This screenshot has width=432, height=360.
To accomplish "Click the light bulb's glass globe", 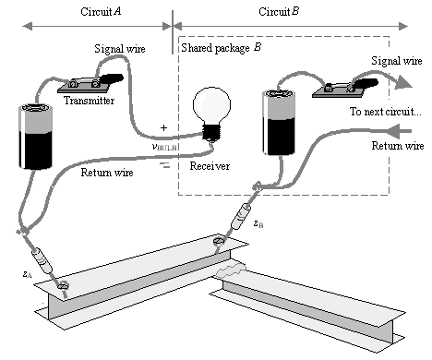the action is pos(211,104).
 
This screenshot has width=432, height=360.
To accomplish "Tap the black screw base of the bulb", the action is pos(211,132).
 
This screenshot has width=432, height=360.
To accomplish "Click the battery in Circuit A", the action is pos(35,137).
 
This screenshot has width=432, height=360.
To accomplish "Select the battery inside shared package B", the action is pos(279,123).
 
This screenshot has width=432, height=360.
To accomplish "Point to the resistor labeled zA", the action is pos(42,261).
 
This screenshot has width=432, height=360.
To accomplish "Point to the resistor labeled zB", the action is pos(241,217).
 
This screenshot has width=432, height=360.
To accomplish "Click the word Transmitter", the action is pos(89,101).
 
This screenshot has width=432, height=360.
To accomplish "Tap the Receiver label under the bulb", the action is pos(210,166).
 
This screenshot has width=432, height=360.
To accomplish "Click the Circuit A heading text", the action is pos(101,12).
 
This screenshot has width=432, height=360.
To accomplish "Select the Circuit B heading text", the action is pos(279,12).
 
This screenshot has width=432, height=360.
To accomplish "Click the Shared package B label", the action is pos(222,48).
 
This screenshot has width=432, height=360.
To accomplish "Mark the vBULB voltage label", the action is pos(164,147).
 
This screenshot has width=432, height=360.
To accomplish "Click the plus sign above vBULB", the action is pos(163,127).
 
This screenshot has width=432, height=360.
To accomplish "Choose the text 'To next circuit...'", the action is pos(385,112).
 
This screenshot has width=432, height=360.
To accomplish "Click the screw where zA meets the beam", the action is pos(63,286).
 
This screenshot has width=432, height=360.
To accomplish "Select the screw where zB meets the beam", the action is pos(220,241).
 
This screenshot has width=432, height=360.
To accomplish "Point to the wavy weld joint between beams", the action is pos(231,270).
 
